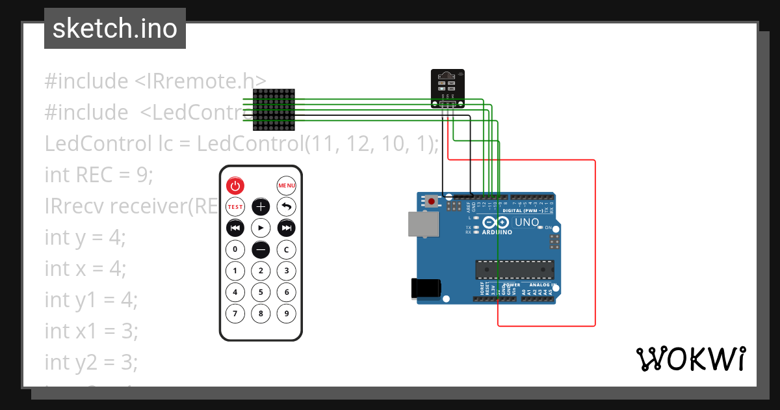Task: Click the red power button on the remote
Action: tap(235, 185)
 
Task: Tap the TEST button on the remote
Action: tap(235, 207)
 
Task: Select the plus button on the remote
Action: tap(261, 207)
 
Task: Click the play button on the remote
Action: tap(261, 228)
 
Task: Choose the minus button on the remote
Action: tap(261, 249)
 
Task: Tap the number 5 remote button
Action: tap(261, 292)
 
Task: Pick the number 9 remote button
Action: tap(287, 314)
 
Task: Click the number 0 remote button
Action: tap(235, 249)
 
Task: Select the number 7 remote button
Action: tap(235, 314)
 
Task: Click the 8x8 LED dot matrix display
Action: tap(274, 108)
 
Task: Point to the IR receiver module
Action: tap(448, 89)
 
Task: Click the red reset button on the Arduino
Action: tap(431, 202)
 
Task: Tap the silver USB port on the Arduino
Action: tap(422, 224)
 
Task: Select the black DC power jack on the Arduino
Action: tap(426, 288)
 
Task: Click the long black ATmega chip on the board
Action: tap(514, 269)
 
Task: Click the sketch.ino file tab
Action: tap(115, 29)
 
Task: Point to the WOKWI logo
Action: tap(690, 359)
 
